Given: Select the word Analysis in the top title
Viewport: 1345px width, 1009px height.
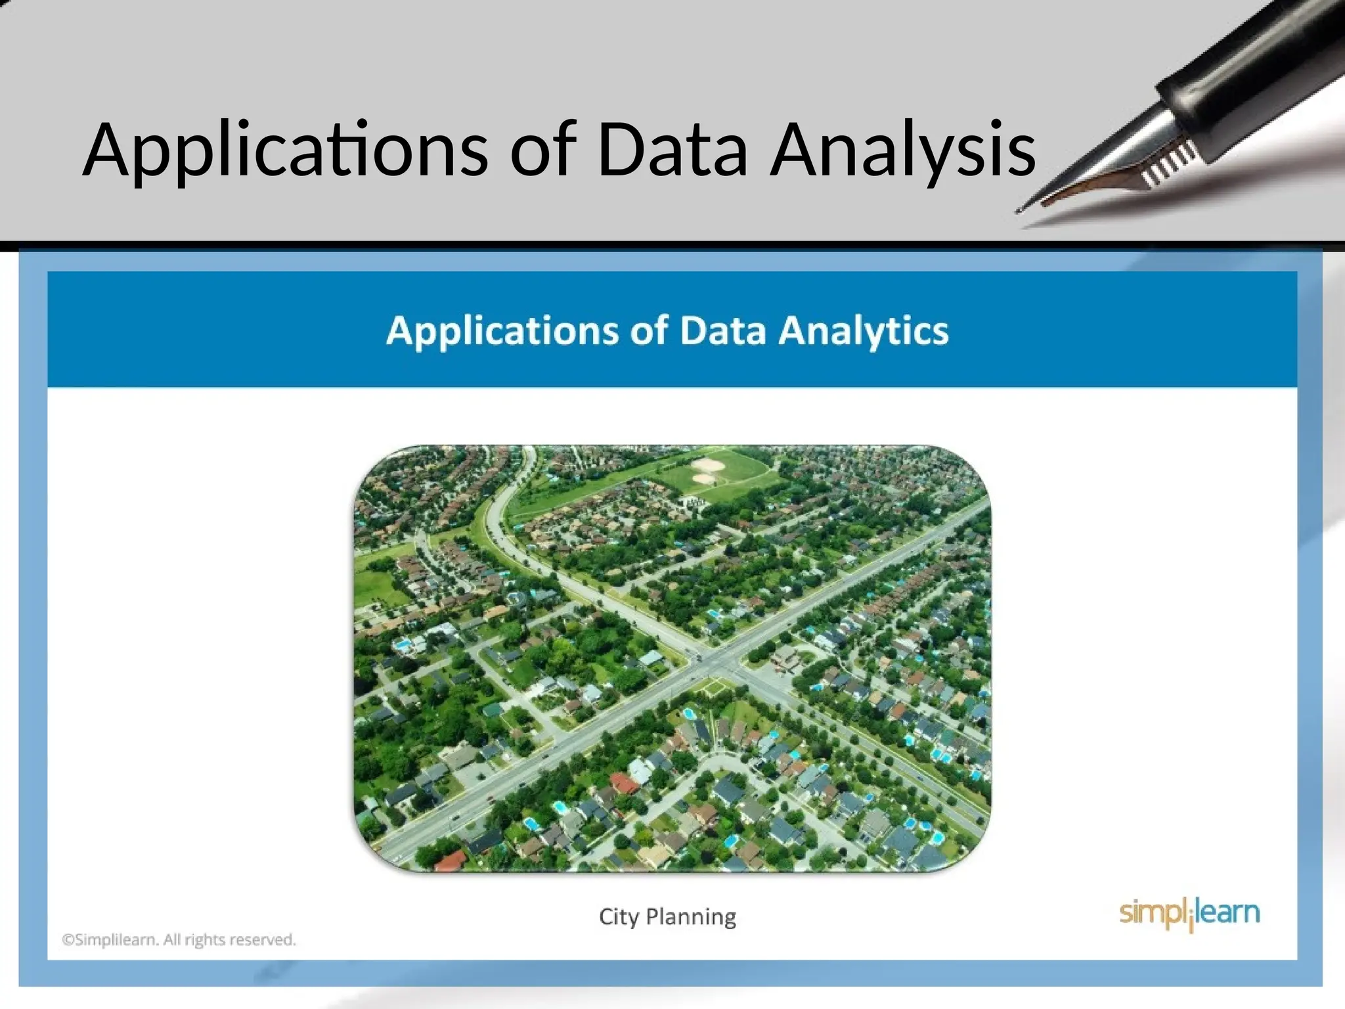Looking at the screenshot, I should click(903, 151).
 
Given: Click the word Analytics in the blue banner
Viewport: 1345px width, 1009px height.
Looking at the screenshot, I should click(863, 330).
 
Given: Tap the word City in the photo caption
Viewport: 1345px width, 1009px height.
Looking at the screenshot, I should click(618, 916).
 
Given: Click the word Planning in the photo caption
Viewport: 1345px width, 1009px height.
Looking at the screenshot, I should click(691, 916).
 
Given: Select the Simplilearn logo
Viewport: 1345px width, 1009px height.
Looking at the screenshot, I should click(1189, 914).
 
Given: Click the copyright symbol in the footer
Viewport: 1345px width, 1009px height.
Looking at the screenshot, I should click(68, 940).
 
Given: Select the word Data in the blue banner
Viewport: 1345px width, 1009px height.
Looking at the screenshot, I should click(722, 330).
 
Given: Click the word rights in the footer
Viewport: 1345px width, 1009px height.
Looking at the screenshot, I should click(206, 940).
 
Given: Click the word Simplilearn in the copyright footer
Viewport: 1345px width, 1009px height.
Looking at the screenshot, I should click(116, 940).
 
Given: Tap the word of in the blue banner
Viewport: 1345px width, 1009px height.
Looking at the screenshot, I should click(649, 330).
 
